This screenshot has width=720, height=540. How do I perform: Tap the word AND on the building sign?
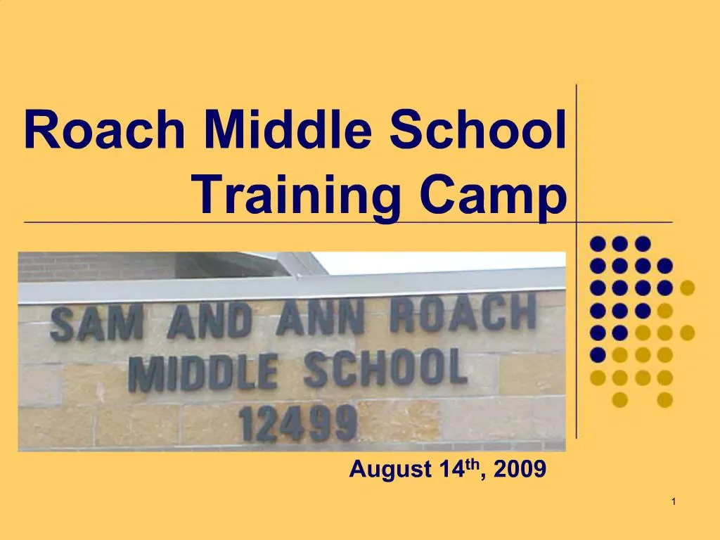tap(209, 320)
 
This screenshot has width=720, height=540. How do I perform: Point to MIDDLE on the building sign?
tap(202, 373)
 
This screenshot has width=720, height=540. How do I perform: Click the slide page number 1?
tap(674, 501)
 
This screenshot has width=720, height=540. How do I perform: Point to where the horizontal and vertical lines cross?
tap(577, 221)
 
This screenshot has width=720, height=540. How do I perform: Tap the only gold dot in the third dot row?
tap(687, 288)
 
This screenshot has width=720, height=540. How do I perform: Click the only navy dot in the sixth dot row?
tap(598, 354)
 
